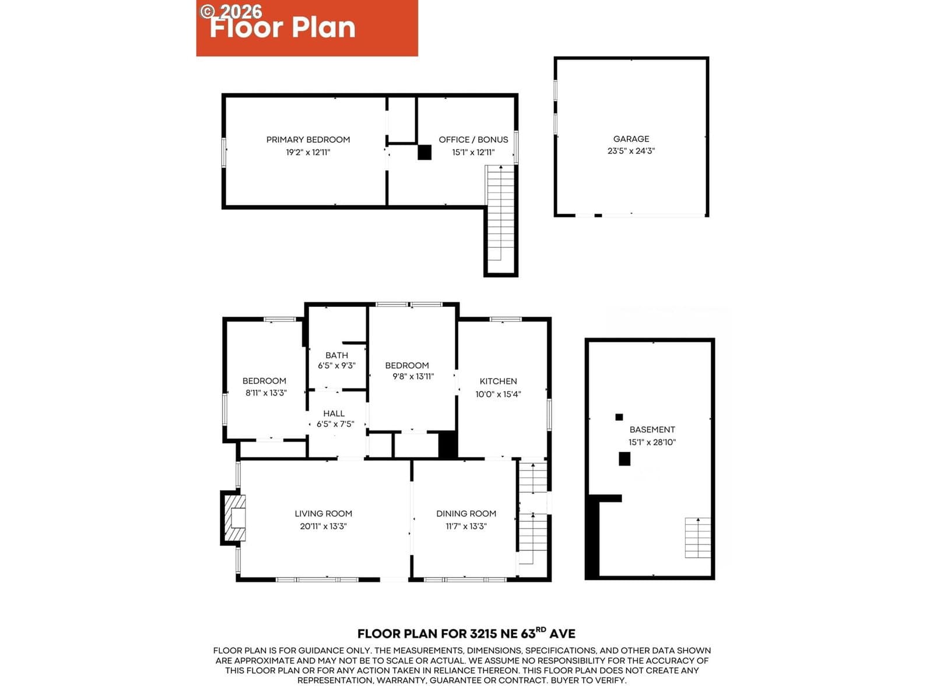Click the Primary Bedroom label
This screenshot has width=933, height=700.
point(308,139)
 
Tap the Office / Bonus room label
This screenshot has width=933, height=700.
point(473,139)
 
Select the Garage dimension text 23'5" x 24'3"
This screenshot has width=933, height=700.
point(631,151)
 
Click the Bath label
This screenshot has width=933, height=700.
point(336,355)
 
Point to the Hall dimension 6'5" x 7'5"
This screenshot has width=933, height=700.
point(335,423)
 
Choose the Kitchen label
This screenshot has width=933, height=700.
point(498,381)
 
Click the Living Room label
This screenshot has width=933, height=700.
point(323,513)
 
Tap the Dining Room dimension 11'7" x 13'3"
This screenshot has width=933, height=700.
point(466,526)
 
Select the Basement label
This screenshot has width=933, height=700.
point(652,429)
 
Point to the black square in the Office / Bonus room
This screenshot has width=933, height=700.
point(424,152)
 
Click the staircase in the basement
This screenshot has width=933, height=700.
point(697,537)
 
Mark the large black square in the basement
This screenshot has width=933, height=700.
point(624,459)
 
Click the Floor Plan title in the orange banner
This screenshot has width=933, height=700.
point(283,28)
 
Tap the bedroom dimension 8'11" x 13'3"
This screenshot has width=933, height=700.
point(266,393)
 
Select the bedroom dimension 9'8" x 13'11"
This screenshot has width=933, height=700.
point(413,376)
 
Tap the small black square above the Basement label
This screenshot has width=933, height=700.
point(619,417)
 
